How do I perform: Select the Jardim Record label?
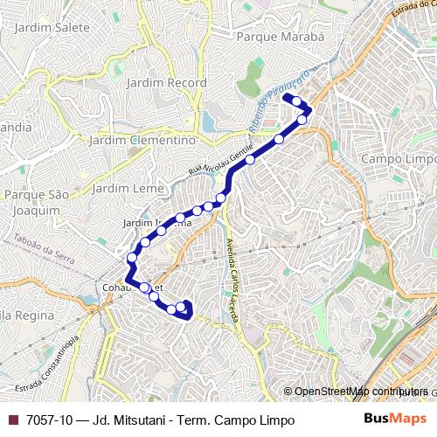[x=166, y=83]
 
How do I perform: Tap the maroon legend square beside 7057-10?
[x=13, y=420]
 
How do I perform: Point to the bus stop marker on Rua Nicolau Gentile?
[x=250, y=159]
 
